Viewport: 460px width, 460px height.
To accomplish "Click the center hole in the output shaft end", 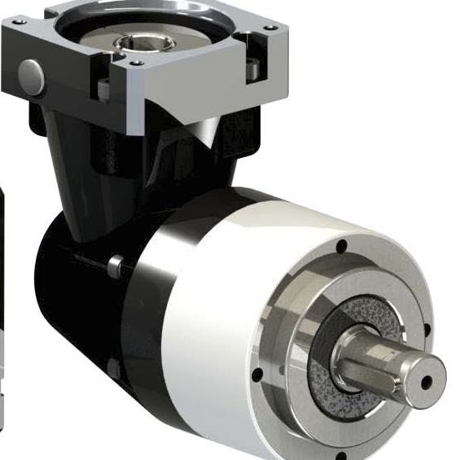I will [x=427, y=381].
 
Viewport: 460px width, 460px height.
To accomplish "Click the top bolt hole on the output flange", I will [x=340, y=246].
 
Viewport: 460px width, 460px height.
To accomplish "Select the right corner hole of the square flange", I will [x=270, y=28].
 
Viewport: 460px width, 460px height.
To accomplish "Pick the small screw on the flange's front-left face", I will [x=104, y=87].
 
